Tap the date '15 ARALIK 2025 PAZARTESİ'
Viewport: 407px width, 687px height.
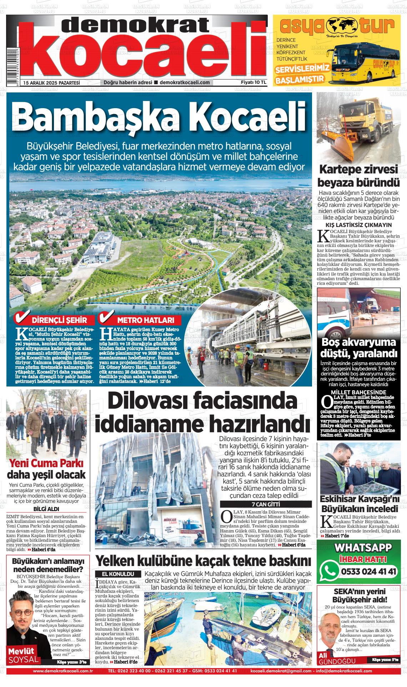coord(51,82)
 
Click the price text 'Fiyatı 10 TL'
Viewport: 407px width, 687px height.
coord(253,82)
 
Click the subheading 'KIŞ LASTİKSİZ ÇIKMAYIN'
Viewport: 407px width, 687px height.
coord(358,225)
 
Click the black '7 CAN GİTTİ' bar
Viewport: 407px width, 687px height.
coord(265,504)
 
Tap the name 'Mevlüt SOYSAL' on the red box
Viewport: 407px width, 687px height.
coord(23,655)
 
